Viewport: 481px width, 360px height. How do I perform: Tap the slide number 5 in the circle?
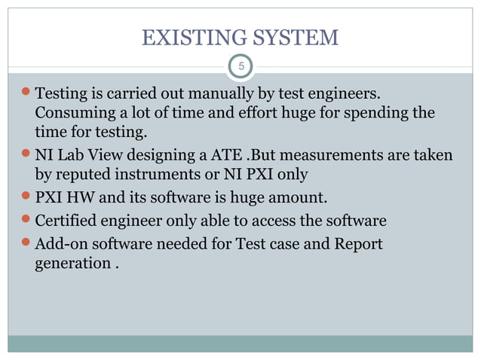[x=240, y=67]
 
